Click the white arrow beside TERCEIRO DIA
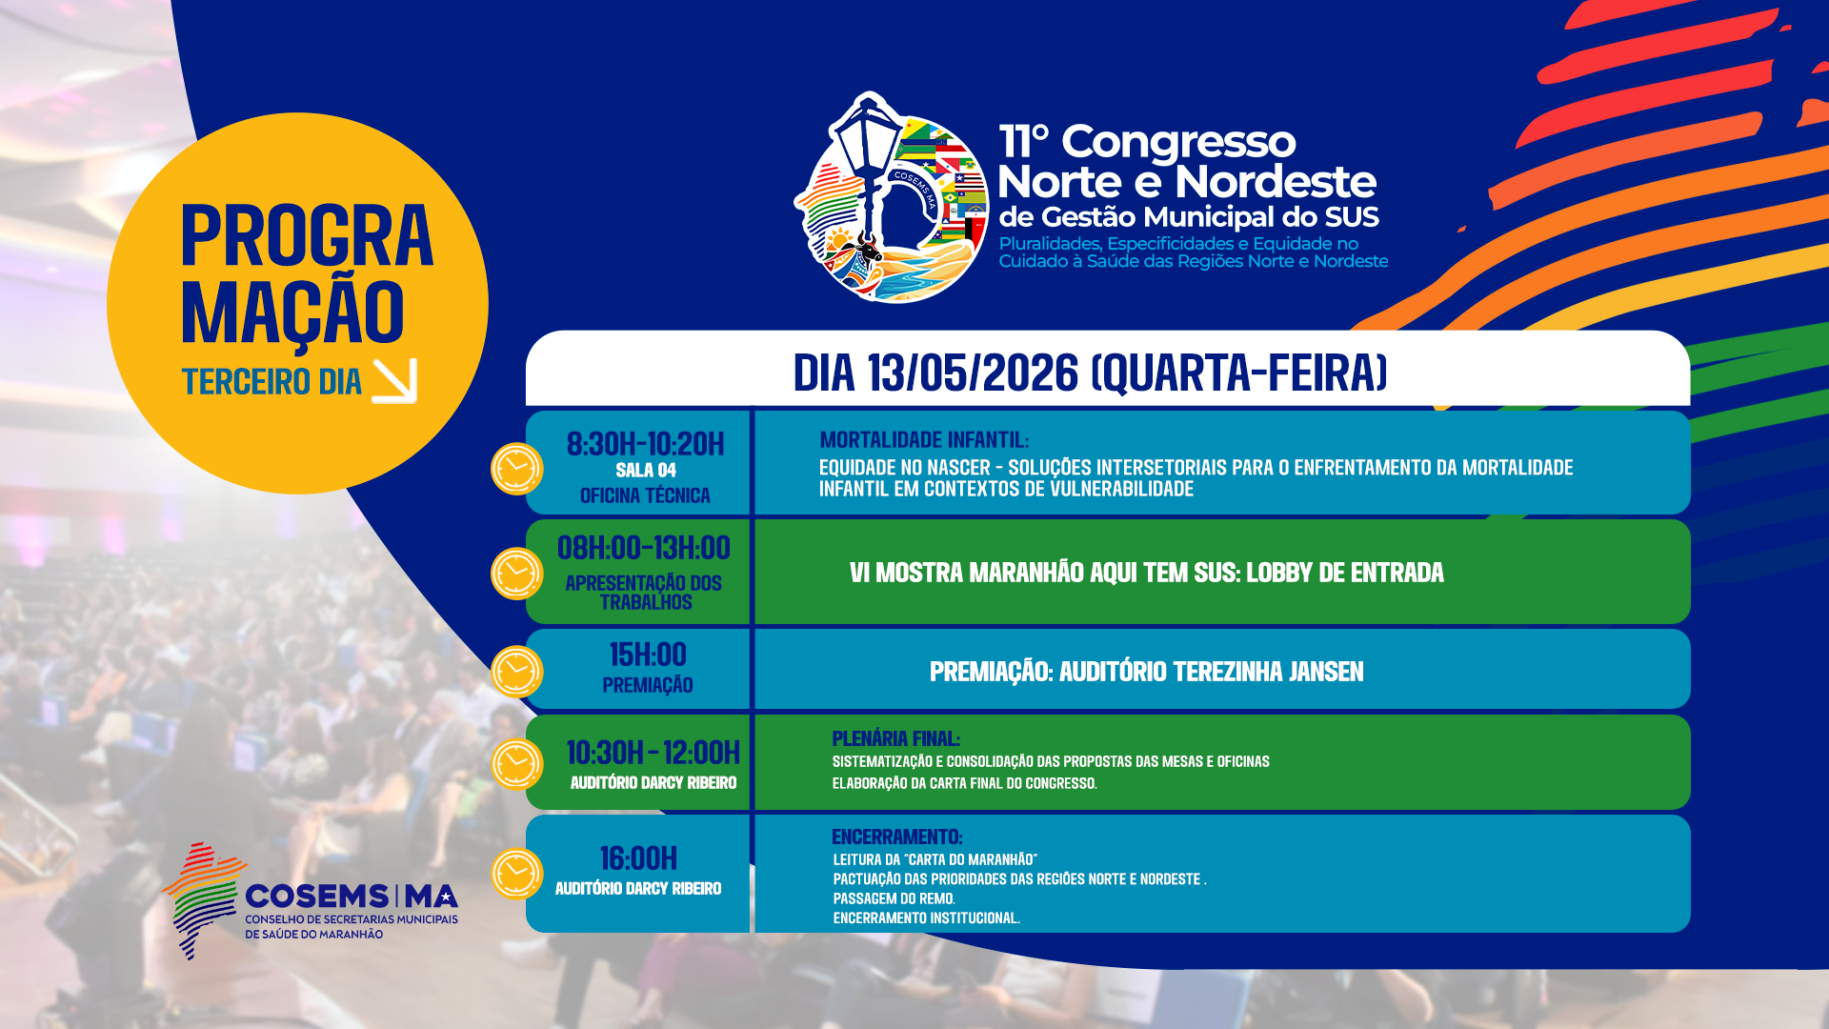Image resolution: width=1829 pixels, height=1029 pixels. (x=394, y=381)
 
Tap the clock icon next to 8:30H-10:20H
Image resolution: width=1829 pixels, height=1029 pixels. (x=516, y=469)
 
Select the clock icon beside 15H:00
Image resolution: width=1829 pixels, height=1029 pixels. (x=516, y=672)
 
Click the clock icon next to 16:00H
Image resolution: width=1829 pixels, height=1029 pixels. (x=516, y=874)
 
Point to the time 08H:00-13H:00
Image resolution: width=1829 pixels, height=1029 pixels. (x=644, y=548)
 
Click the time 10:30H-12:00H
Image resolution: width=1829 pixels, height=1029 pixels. (x=653, y=753)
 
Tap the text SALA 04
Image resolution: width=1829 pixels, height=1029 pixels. (x=646, y=471)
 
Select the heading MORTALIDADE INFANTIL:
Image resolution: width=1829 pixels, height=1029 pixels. (x=924, y=440)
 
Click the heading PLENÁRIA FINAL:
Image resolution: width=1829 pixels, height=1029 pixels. (x=895, y=738)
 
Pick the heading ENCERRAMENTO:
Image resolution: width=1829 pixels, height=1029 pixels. (x=896, y=837)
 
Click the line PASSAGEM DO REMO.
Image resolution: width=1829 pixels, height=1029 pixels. (x=894, y=898)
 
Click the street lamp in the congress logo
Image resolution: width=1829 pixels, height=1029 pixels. (x=868, y=143)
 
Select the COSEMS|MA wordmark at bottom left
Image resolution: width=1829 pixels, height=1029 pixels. (x=352, y=897)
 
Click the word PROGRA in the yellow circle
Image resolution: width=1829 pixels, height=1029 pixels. (x=307, y=236)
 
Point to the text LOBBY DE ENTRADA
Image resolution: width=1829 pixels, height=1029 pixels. (x=1344, y=573)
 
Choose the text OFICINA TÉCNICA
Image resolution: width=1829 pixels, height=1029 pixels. (x=645, y=495)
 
